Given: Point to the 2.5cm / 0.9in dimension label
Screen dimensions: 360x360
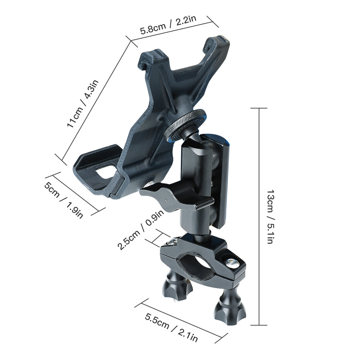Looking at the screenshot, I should coord(140,230).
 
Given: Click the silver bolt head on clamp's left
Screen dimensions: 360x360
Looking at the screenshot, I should coord(174,241).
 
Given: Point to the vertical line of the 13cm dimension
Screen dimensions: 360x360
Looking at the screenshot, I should coord(259,216).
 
